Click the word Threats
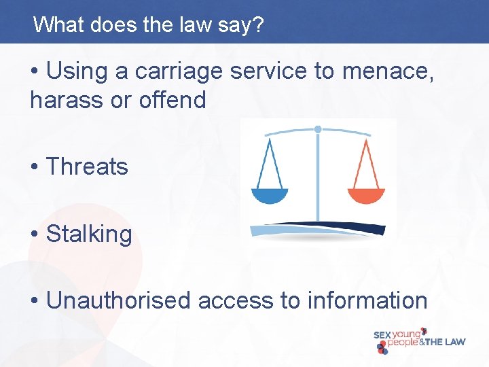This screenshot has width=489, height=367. click(x=86, y=167)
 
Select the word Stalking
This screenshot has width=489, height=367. click(x=88, y=234)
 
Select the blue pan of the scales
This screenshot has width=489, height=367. click(x=270, y=196)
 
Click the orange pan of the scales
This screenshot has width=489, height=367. click(x=366, y=196)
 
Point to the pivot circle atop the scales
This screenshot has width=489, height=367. click(x=318, y=128)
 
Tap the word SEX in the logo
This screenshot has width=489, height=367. click(x=383, y=335)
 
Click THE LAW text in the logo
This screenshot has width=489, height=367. click(x=446, y=343)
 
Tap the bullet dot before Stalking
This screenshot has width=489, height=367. click(x=35, y=234)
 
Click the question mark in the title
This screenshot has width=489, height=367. click(x=259, y=25)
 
